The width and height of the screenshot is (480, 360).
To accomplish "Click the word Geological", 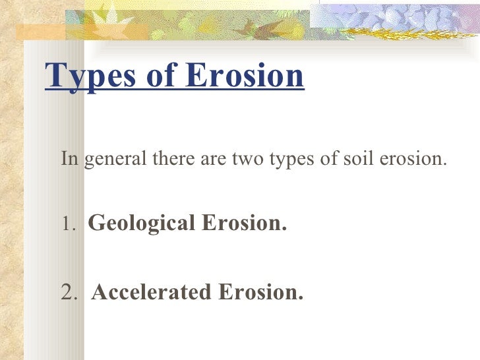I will [x=141, y=224].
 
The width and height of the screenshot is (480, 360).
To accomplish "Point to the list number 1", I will [x=68, y=225].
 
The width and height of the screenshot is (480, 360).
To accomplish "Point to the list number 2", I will [x=69, y=292].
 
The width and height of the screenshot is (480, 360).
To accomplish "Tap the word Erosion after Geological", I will [x=244, y=224].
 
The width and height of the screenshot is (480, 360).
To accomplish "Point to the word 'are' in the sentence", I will [x=212, y=160].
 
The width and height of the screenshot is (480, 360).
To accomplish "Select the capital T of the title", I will [x=56, y=76].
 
